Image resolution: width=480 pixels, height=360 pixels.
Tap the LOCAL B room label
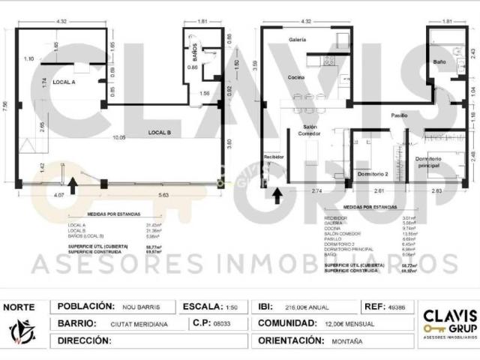(x=160, y=132)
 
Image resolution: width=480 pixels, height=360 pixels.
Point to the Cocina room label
(x=294, y=77)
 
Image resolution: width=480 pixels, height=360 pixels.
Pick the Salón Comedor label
(x=312, y=131)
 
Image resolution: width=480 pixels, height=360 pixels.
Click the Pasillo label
(x=399, y=115)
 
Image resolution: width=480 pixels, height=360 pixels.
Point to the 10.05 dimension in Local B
(x=119, y=138)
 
